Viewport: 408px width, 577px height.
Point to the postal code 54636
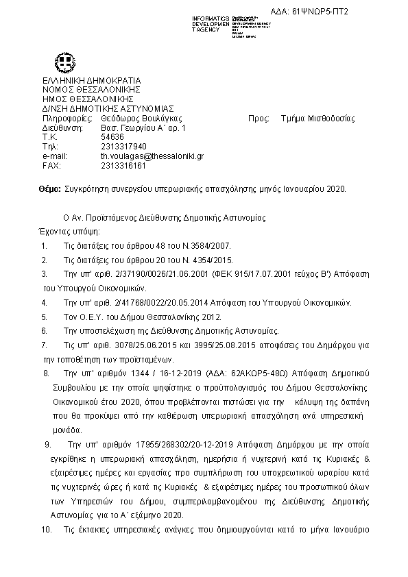coord(112,137)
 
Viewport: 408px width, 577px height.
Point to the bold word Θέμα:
coord(50,189)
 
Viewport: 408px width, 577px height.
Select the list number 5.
coord(44,317)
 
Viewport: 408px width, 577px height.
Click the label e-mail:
coord(54,156)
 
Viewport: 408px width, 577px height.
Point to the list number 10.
coord(46,530)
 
